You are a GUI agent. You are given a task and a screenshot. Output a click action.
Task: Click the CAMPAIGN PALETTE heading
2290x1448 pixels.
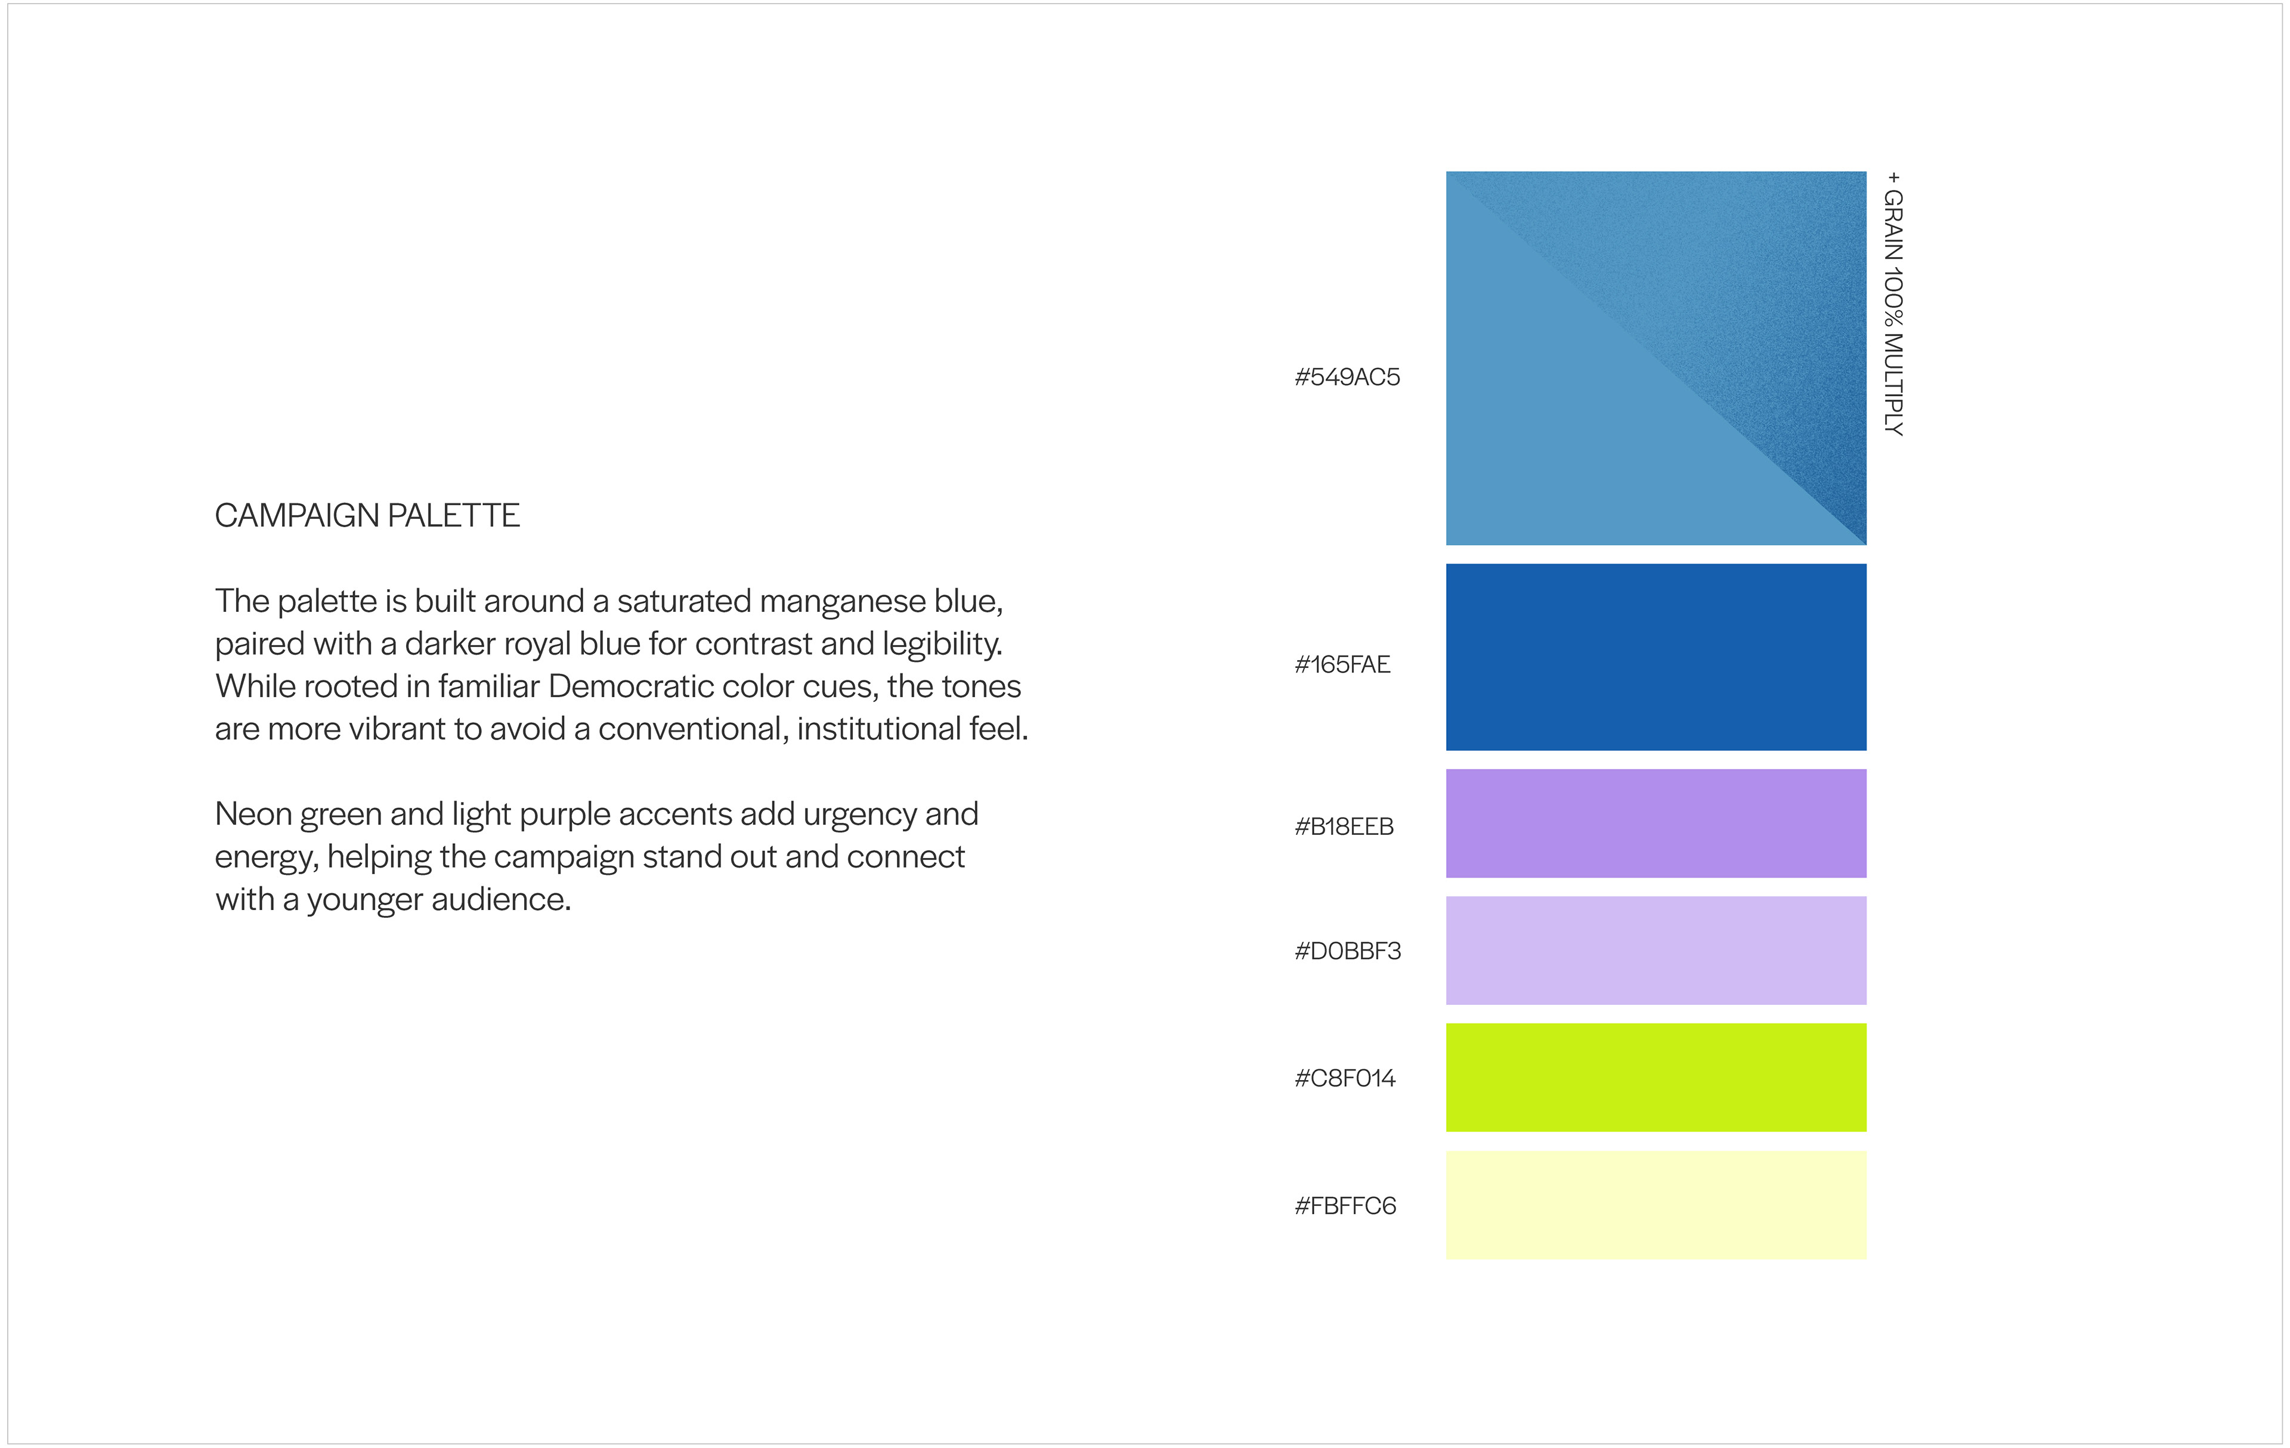coord(367,515)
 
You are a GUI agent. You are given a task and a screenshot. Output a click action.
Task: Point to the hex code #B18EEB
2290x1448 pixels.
coord(1344,826)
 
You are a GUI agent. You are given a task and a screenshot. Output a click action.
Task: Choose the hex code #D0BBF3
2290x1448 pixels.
coord(1348,951)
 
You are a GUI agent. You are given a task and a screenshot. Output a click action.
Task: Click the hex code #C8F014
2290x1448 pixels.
coord(1345,1078)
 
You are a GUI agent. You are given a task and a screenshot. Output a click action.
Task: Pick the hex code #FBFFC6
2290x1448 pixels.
coord(1345,1205)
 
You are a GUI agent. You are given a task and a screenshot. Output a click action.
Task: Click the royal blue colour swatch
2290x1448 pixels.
coord(1655,657)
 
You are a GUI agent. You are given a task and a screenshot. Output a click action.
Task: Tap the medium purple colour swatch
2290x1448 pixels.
coord(1655,824)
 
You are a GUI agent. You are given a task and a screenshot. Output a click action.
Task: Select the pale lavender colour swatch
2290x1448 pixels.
coord(1655,951)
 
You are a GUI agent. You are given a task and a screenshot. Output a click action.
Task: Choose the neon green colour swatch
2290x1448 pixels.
coord(1655,1077)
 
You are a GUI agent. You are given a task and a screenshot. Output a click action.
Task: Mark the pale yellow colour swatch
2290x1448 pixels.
coord(1655,1205)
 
